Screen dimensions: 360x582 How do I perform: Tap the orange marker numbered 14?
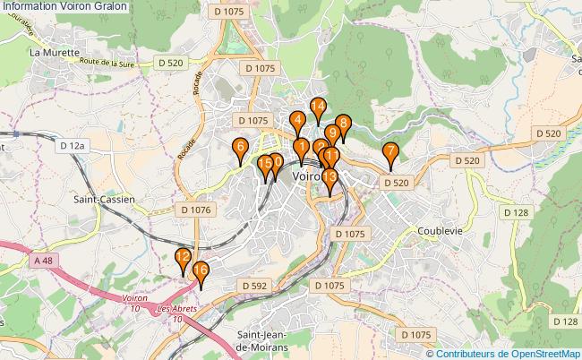[x=317, y=107]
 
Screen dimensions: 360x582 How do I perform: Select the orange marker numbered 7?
[x=389, y=152]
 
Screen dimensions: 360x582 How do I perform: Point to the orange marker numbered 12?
[x=183, y=258]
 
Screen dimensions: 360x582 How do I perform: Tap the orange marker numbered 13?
[x=330, y=178]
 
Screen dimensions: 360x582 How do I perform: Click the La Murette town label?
[x=48, y=52]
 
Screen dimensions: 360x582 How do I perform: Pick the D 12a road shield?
[x=73, y=144]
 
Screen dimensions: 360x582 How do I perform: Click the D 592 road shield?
[x=254, y=285]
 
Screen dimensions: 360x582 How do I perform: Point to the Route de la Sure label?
[x=111, y=63]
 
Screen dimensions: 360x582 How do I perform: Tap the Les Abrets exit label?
[x=175, y=311]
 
